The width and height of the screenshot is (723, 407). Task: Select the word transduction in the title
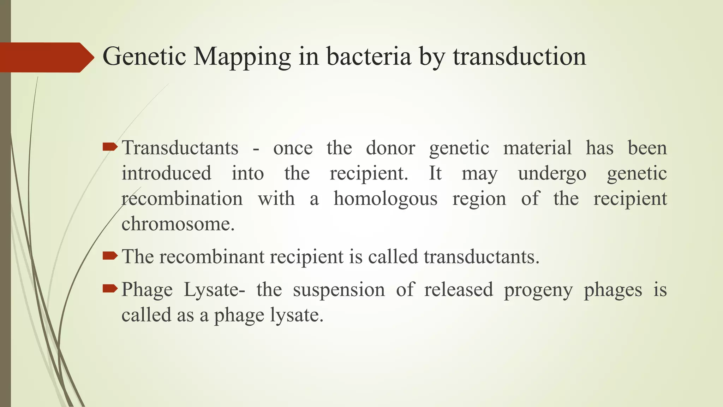click(x=520, y=57)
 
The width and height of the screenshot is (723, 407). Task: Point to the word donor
click(x=390, y=148)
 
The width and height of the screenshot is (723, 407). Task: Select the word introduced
click(x=167, y=173)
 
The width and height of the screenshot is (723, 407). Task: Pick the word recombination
click(x=182, y=199)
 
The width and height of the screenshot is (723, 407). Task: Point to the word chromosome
click(x=178, y=224)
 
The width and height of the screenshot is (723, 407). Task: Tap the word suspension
click(x=339, y=290)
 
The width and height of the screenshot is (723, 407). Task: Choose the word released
click(x=459, y=290)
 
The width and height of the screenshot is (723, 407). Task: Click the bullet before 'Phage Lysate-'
click(x=110, y=289)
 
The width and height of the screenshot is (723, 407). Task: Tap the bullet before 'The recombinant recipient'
click(x=110, y=255)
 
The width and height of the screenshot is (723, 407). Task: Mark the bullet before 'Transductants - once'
click(x=110, y=147)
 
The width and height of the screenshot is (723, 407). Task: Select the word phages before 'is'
click(x=613, y=290)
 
